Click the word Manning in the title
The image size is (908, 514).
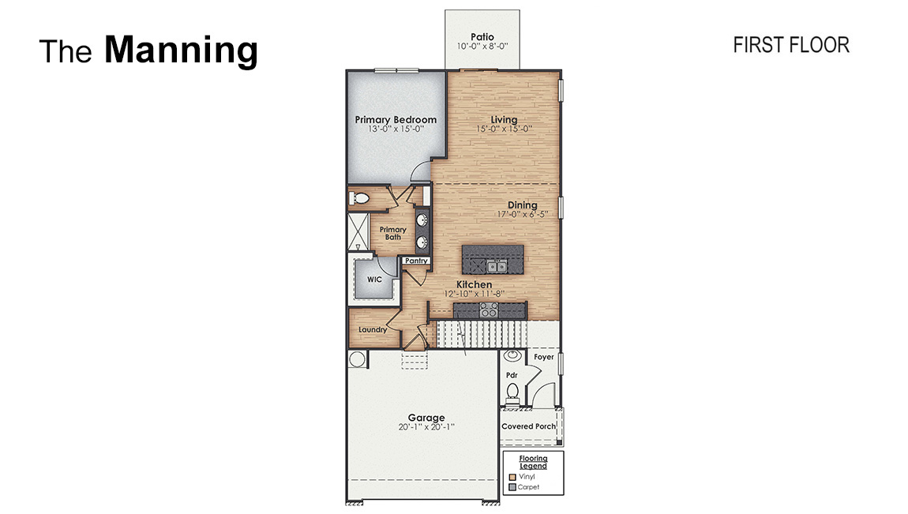coord(181,51)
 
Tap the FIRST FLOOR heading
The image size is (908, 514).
coord(790,46)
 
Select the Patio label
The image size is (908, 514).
coord(482,36)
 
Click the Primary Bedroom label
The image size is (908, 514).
coord(396,120)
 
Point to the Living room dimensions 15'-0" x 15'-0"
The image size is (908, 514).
coord(505,129)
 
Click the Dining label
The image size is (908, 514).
coord(522,205)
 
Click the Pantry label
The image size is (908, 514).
coord(416,261)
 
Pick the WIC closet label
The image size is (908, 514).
coord(374,279)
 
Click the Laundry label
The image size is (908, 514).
coord(372,329)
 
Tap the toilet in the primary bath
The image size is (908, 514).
coord(359,198)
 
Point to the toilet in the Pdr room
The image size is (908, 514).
coord(512,391)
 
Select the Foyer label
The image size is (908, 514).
coord(544,357)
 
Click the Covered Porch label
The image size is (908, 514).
coord(529,426)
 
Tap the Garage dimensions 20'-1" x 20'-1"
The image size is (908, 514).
coord(426,427)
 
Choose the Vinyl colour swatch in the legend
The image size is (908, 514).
coord(512,477)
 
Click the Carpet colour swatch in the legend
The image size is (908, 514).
coord(512,487)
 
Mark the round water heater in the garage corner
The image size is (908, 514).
coord(356,359)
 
